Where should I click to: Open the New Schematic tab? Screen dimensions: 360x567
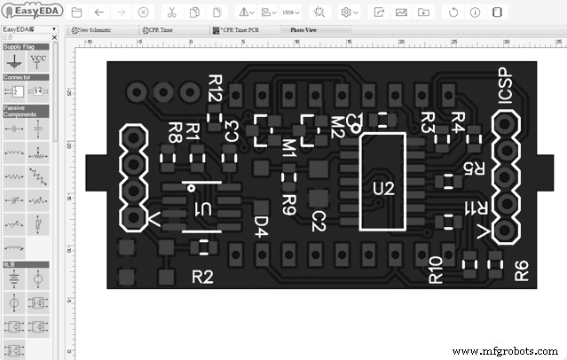(95, 29)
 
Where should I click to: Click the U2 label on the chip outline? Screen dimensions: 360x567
(382, 188)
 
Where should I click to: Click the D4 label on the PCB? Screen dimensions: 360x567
(261, 227)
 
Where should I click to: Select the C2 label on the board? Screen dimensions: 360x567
(319, 221)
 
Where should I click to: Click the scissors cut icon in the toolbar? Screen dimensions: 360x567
(171, 12)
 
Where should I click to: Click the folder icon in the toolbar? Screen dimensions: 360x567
(77, 12)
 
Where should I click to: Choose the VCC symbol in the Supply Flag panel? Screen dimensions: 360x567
(38, 61)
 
